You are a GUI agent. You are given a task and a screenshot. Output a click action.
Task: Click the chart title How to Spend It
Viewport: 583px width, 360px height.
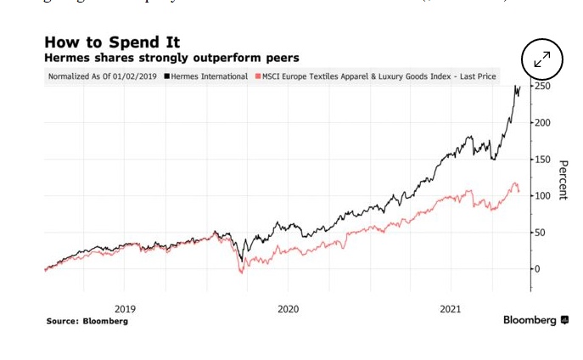112,42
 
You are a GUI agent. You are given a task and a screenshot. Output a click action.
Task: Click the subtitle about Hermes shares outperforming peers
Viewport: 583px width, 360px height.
171,58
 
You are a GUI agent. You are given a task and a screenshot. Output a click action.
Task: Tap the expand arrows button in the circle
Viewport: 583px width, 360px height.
542,59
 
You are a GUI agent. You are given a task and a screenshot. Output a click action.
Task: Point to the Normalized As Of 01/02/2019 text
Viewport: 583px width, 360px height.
104,76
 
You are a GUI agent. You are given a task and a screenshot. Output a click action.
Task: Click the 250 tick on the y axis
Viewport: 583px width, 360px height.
543,87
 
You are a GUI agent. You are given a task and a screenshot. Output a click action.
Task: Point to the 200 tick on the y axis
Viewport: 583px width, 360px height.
543,123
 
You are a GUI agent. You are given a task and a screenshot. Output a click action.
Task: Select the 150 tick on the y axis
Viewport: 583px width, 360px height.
543,160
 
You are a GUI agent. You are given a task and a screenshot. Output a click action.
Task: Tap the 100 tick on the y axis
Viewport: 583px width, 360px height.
543,196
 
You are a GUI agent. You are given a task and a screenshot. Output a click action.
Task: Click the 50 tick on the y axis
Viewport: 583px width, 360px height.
541,233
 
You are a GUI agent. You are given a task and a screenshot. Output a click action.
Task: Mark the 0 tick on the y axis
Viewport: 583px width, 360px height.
538,269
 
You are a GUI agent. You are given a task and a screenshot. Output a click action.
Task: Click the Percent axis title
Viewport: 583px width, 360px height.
562,179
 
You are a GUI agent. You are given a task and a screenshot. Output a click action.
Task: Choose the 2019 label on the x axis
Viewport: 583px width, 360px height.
125,309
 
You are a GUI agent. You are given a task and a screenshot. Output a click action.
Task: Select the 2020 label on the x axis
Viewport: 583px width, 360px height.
288,309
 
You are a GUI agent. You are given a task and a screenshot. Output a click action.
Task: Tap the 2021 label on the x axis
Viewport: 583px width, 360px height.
451,309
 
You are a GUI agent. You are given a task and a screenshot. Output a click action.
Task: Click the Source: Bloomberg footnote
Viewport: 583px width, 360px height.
87,322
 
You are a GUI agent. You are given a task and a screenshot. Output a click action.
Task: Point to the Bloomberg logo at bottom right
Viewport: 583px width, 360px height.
535,320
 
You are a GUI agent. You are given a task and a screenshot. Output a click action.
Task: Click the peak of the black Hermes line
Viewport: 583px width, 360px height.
519,85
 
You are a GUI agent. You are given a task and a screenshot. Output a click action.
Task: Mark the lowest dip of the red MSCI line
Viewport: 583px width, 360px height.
242,273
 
